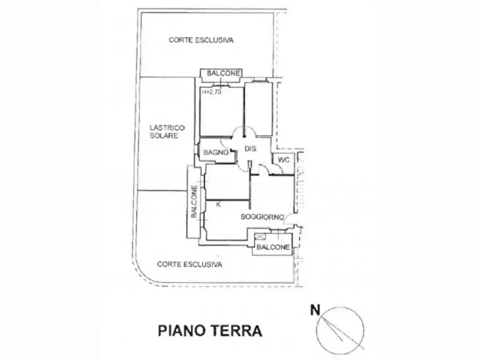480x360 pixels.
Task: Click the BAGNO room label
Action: (216, 152)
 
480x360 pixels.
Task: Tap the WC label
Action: (283, 160)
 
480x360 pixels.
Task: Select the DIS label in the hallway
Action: (250, 149)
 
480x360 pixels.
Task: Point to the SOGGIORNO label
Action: (262, 217)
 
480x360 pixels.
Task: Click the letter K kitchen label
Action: (218, 205)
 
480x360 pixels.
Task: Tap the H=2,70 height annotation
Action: (211, 91)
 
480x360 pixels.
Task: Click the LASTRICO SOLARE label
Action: (167, 132)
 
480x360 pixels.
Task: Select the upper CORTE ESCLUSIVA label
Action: (201, 40)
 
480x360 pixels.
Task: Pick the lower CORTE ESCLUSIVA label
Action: (190, 264)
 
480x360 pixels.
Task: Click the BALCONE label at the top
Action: (223, 74)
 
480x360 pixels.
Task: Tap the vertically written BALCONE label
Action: (194, 201)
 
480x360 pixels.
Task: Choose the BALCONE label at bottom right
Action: (273, 247)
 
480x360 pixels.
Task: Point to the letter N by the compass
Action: (315, 310)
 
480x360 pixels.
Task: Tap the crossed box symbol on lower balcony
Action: (261, 236)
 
